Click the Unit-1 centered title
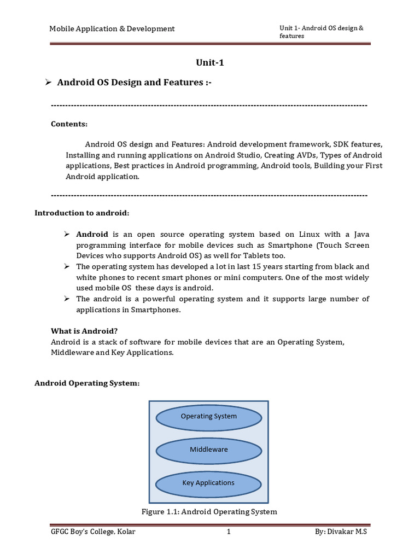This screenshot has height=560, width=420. (210, 62)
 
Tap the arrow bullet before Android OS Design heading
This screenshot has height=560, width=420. (48, 82)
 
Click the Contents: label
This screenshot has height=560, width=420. (69, 124)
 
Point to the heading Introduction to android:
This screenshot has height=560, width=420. (83, 212)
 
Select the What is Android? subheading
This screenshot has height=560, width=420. (84, 331)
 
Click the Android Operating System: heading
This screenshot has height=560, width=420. (87, 383)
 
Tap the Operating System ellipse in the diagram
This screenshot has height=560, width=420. (208, 416)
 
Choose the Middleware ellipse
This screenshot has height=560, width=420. (208, 450)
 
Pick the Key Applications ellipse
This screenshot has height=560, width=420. (208, 483)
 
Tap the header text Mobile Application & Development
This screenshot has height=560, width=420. (112, 28)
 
